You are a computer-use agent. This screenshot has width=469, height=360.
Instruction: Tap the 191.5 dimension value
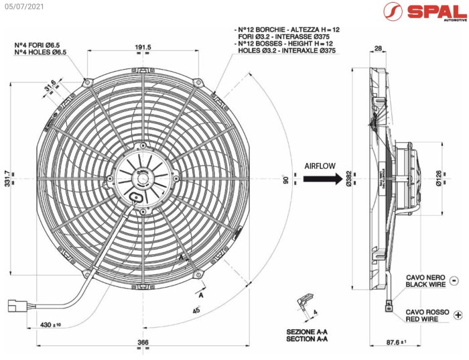click(x=143, y=47)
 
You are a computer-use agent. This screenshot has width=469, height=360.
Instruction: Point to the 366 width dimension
click(x=143, y=343)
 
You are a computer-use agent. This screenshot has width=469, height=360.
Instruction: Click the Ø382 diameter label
click(x=350, y=178)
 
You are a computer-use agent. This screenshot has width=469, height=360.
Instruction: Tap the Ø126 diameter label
click(x=438, y=178)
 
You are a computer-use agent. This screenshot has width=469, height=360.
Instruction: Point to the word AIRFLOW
click(x=320, y=165)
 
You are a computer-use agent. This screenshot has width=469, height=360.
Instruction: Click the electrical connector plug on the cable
click(x=15, y=305)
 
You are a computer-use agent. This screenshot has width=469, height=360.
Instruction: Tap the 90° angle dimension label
click(x=284, y=179)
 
